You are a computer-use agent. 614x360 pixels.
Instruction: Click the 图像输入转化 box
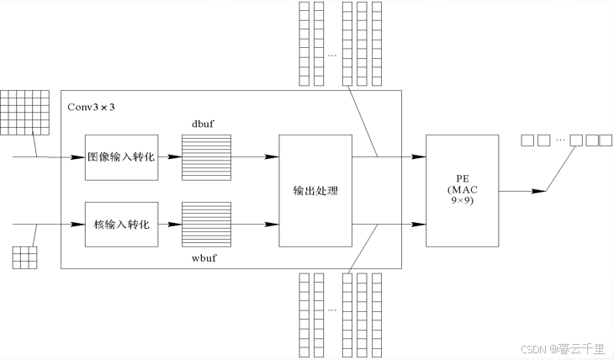(122, 156)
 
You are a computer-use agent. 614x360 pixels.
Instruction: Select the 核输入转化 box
(122, 225)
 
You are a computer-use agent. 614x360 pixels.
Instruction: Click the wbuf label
(205, 257)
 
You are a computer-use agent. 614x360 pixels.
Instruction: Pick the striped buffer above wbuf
(206, 224)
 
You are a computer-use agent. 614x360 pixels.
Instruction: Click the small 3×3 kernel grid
(24, 257)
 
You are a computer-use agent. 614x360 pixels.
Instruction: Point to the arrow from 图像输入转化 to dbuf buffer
(171, 156)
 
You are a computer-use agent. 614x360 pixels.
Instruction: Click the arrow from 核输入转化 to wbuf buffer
(171, 225)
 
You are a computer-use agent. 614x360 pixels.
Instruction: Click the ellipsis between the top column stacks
(332, 56)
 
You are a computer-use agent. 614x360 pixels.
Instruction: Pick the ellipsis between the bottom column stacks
(332, 310)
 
